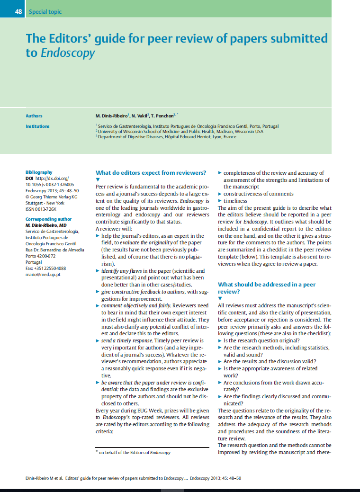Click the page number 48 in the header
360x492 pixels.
coord(18,11)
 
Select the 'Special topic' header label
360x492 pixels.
coord(45,11)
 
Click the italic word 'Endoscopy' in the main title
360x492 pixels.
coord(68,53)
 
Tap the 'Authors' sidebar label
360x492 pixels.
coord(34,116)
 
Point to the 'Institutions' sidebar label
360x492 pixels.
coord(37,126)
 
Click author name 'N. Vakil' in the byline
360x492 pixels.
coord(141,116)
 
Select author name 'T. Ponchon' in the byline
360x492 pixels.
coord(164,116)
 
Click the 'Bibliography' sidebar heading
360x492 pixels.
coord(39,172)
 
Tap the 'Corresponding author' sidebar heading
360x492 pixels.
coord(48,219)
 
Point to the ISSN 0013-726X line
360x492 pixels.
coord(41,209)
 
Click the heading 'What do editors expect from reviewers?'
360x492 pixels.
coord(151,172)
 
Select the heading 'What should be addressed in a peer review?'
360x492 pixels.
coord(266,288)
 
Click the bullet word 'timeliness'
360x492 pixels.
coord(235,201)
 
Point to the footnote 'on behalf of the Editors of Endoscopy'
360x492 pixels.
coord(134,453)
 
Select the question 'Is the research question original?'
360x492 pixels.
coord(261,340)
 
